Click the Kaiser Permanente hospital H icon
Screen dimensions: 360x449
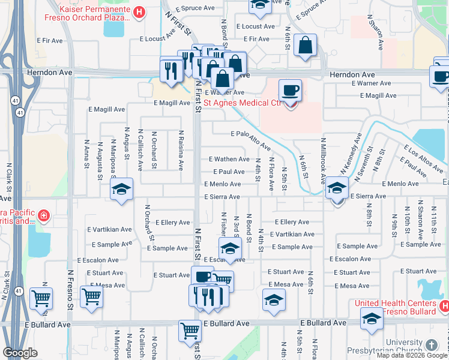(x=139, y=11)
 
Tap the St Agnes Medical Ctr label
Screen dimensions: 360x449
(x=243, y=103)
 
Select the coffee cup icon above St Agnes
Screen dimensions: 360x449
(x=291, y=90)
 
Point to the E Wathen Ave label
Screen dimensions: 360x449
(x=229, y=159)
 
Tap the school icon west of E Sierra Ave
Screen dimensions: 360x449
(x=121, y=190)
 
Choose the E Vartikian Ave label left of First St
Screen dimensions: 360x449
(x=109, y=229)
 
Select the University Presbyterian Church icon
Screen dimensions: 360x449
(x=432, y=345)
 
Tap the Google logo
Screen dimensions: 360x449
(x=20, y=353)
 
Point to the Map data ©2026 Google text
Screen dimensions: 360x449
(x=412, y=355)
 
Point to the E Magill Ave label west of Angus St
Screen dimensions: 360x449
(x=106, y=110)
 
